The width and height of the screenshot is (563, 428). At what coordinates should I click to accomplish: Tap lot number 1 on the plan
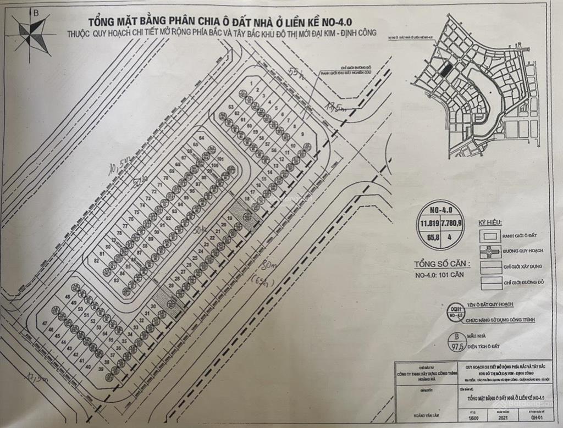251,83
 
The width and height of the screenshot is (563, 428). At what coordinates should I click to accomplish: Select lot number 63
231,106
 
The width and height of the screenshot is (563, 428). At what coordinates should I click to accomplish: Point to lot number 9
302,134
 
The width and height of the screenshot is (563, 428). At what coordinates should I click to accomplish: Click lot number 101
220,159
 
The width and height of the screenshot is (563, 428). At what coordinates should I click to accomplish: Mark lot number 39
101,369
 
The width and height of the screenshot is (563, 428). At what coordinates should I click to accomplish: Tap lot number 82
96,260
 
